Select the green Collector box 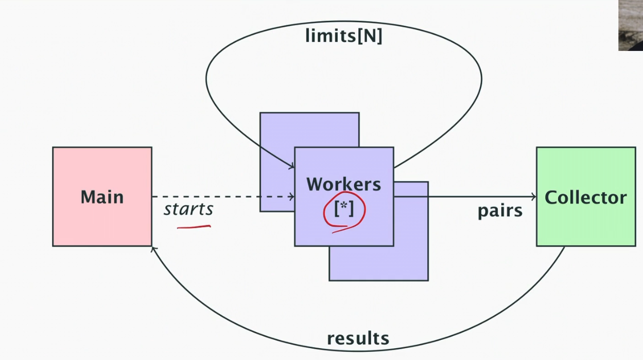(586, 227)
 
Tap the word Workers (343, 184)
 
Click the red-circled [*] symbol (344, 210)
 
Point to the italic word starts (188, 210)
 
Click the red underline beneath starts (194, 226)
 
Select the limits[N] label (343, 36)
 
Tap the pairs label (500, 211)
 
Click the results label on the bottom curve (358, 338)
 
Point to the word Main (102, 197)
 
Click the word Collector (585, 197)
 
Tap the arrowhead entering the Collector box (533, 196)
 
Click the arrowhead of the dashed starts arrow (292, 196)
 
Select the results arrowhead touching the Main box (154, 249)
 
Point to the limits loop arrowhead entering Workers (291, 166)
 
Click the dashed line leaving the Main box (206, 196)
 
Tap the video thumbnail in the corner (631, 25)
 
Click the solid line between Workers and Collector (463, 196)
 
